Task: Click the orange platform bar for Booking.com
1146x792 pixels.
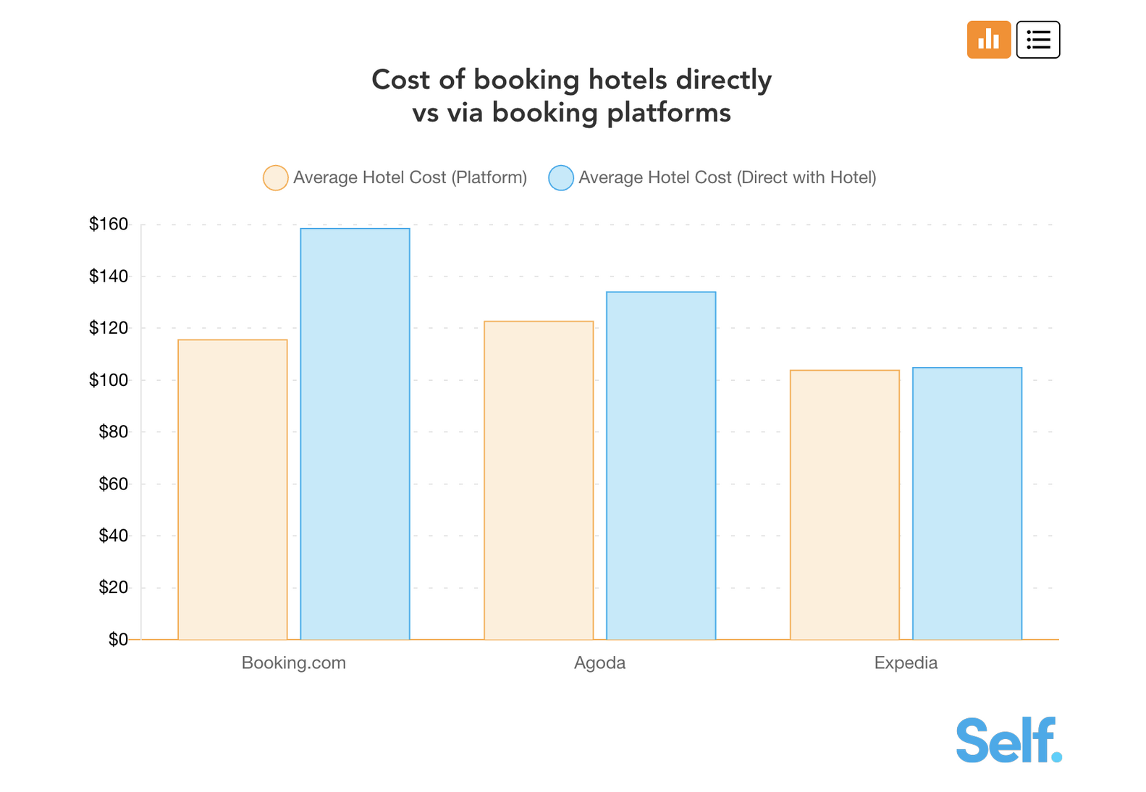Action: click(x=232, y=489)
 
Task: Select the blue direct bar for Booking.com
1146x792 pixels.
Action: click(x=355, y=434)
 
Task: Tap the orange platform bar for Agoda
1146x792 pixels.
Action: click(x=539, y=480)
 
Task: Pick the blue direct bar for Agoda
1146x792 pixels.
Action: click(x=661, y=465)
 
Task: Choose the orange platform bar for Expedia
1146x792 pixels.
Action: click(x=845, y=505)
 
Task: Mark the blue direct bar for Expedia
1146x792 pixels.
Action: click(x=967, y=503)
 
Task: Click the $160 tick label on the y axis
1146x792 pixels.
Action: click(x=109, y=224)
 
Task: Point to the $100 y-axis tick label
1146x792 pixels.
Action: click(x=109, y=380)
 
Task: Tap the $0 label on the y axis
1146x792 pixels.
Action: click(x=118, y=640)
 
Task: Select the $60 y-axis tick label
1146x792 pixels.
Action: click(x=113, y=484)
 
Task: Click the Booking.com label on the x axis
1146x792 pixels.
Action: click(x=294, y=663)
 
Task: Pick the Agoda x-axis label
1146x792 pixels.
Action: click(x=599, y=663)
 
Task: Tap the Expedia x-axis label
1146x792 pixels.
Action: click(x=906, y=663)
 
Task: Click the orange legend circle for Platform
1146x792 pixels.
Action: click(x=276, y=178)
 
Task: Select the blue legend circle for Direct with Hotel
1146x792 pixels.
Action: click(x=561, y=178)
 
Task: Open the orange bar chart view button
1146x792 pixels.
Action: click(x=989, y=40)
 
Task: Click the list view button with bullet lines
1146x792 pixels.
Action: click(x=1038, y=40)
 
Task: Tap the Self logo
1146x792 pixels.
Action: click(x=1008, y=740)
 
